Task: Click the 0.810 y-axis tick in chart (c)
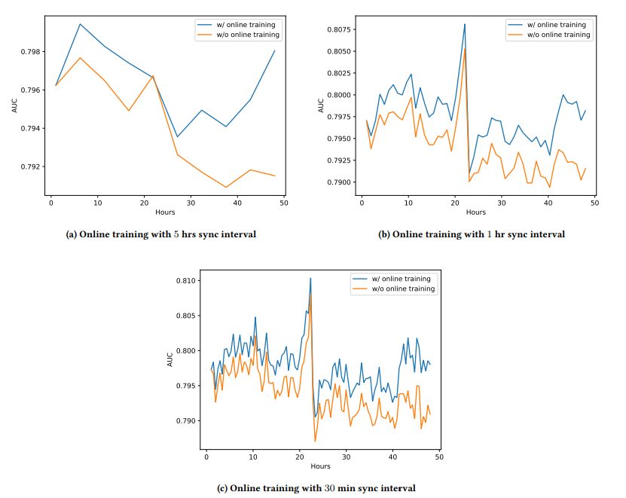pyautogui.click(x=185, y=281)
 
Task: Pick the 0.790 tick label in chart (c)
pyautogui.click(x=185, y=420)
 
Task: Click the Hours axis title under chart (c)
pyautogui.click(x=320, y=466)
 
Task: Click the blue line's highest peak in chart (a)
pyautogui.click(x=80, y=23)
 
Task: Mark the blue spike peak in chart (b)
pyautogui.click(x=465, y=24)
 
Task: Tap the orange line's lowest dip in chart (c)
pyautogui.click(x=316, y=441)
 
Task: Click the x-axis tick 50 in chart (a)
pyautogui.click(x=282, y=203)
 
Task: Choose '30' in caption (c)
pyautogui.click(x=329, y=487)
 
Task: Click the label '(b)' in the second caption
pyautogui.click(x=384, y=234)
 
